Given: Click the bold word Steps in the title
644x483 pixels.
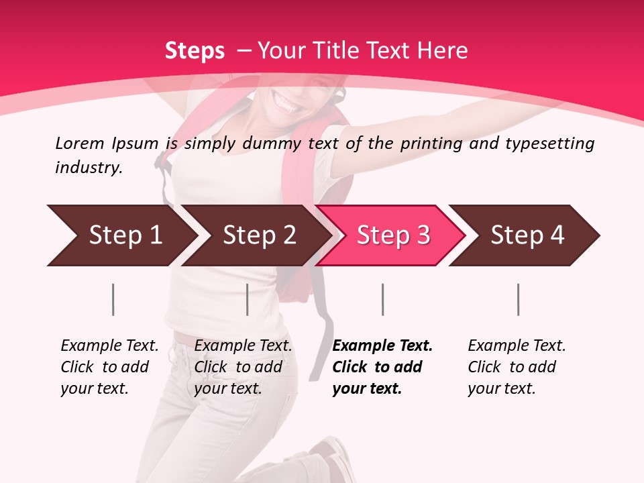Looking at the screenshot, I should tap(195, 51).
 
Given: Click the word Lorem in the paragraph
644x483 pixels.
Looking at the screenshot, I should tap(79, 144).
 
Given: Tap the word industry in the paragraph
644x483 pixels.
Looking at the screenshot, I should tap(88, 168).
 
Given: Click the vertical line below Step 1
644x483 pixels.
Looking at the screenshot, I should tap(113, 299).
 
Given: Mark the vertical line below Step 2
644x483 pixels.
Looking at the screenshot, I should tap(248, 299).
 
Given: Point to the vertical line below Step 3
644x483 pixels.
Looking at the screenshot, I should tap(382, 299).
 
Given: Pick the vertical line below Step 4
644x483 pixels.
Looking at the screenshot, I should tap(518, 299).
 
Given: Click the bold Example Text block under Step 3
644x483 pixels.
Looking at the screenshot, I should tap(382, 367).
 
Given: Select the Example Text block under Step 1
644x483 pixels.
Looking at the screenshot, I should tap(109, 367).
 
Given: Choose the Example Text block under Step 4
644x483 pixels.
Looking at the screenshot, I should tap(517, 367).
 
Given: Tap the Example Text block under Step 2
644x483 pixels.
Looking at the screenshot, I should tap(243, 367).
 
